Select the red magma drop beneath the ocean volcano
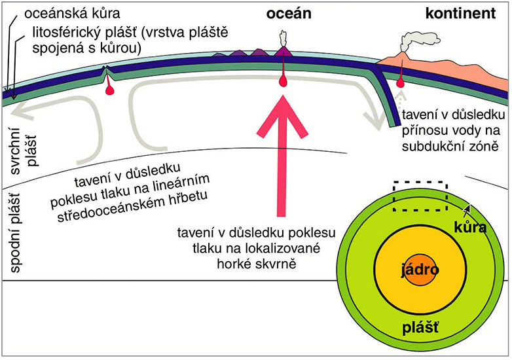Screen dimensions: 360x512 click(x=283, y=81)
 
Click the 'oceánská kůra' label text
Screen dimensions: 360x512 click(x=64, y=11)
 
